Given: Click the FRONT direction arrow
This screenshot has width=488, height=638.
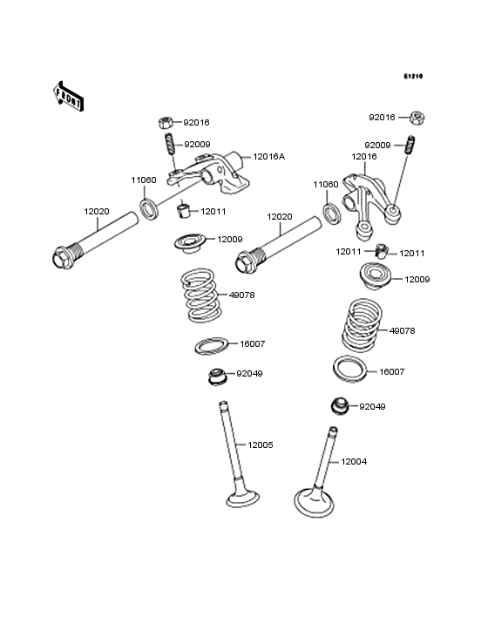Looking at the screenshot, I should pos(69,95).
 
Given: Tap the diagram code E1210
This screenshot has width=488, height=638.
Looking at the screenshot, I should pos(412,77).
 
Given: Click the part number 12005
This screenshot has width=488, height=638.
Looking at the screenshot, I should pos(261,445).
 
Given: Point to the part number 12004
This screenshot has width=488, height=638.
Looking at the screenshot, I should pos(354,461).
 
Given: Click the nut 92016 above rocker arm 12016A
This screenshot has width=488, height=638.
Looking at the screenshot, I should pos(165,122).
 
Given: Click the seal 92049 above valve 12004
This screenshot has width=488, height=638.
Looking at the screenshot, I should pos(340,406).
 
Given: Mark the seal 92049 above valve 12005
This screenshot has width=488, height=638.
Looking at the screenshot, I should pos(214,377).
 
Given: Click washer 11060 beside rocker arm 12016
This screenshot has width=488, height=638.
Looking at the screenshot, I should pos(331,214).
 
